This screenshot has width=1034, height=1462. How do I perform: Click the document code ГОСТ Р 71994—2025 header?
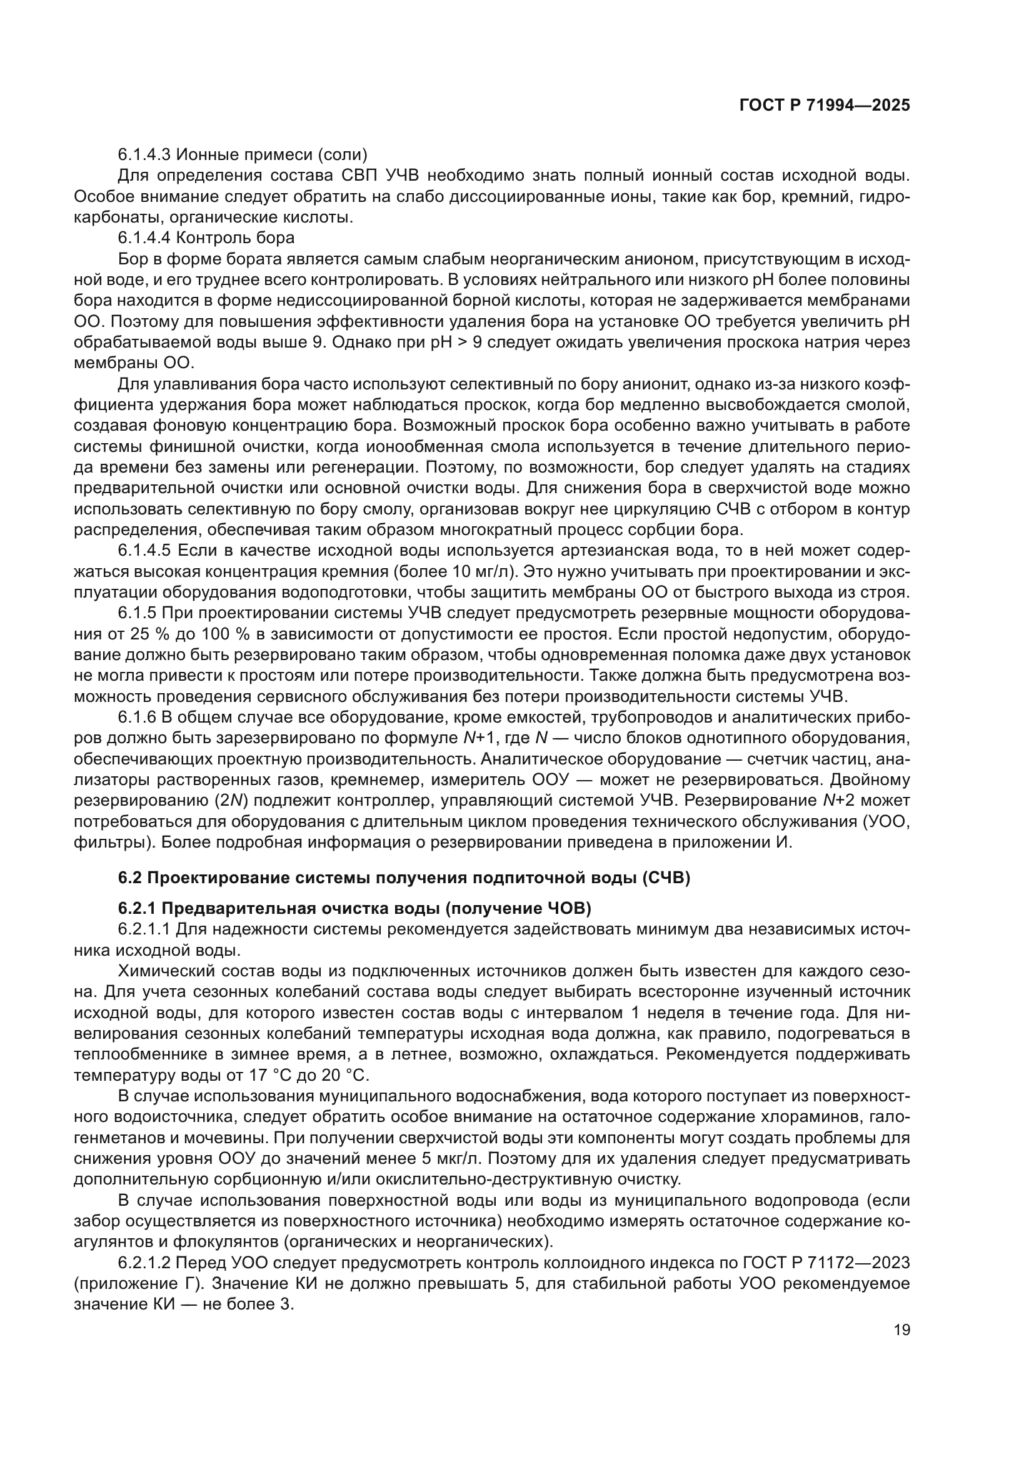(x=825, y=106)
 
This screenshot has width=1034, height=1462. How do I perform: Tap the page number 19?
(x=901, y=1329)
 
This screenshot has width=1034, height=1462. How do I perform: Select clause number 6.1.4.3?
(x=144, y=155)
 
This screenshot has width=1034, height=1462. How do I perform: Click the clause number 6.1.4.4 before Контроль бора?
(x=144, y=238)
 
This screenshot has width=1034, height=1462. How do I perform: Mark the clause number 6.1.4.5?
(x=144, y=550)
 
